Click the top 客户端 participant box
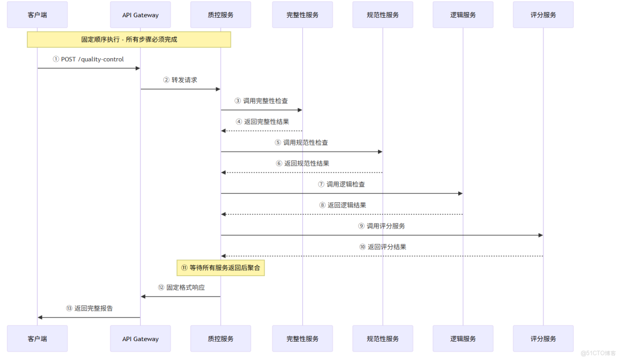37,15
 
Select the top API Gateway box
140,15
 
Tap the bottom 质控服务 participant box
220,339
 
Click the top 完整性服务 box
302,15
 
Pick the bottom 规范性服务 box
383,339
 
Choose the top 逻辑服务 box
463,15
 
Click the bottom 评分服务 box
543,339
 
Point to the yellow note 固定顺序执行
129,39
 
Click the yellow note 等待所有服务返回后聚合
220,267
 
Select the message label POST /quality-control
88,59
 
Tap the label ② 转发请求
180,80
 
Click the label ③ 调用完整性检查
261,101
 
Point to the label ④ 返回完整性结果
262,122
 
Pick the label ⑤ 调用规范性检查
302,143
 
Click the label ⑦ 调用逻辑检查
341,184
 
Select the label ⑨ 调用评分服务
382,226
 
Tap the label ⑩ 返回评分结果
382,247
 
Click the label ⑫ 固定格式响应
181,288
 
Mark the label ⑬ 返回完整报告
89,308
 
